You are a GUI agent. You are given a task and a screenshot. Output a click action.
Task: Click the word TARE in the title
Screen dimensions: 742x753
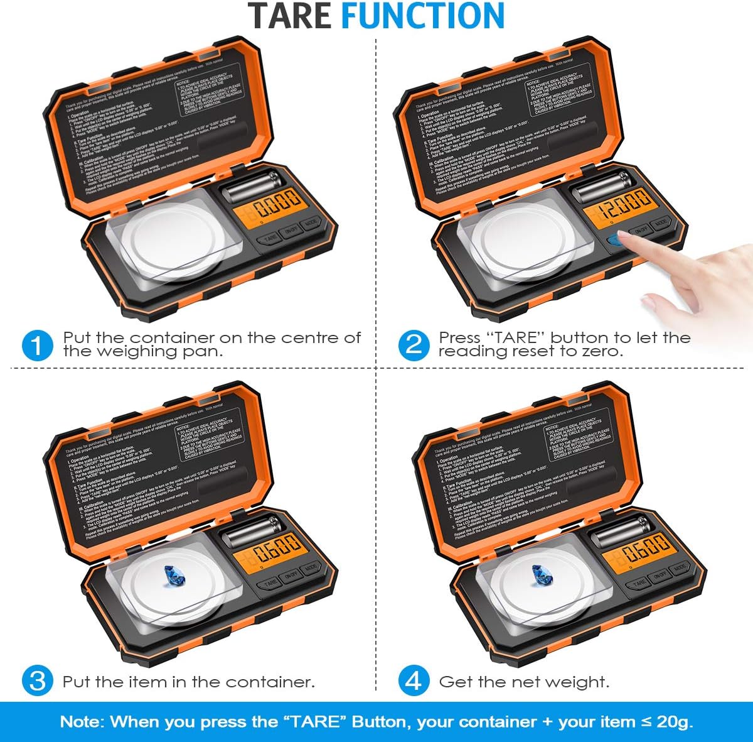(x=290, y=16)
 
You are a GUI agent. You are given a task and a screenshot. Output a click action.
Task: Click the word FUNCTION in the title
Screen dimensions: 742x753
(x=422, y=16)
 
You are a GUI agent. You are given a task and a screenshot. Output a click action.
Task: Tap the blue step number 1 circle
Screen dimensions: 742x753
(x=37, y=346)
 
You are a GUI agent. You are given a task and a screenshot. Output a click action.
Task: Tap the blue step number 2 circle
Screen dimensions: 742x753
(x=414, y=346)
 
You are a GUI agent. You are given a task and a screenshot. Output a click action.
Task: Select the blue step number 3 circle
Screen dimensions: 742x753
(x=37, y=681)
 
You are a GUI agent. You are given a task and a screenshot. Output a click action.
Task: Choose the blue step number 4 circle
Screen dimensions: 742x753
(x=414, y=681)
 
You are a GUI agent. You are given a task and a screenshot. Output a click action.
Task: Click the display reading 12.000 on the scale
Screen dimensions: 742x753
(x=625, y=205)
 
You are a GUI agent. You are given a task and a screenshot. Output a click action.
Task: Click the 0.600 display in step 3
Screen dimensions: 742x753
(x=276, y=551)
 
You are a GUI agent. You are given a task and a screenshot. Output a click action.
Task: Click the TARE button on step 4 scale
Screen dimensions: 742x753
(x=639, y=582)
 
